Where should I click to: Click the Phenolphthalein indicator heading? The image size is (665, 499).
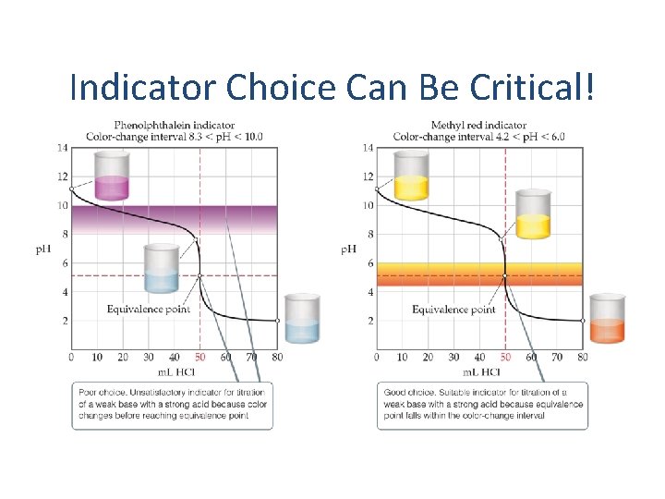pyautogui.click(x=174, y=125)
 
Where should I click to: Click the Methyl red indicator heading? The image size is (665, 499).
pyautogui.click(x=478, y=125)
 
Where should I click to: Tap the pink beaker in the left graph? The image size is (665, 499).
pyautogui.click(x=113, y=176)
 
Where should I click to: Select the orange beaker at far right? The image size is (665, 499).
pyautogui.click(x=607, y=319)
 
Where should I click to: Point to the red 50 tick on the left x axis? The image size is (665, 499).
pyautogui.click(x=200, y=357)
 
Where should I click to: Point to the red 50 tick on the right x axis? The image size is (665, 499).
pyautogui.click(x=505, y=357)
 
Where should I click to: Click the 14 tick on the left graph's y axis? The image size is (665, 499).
pyautogui.click(x=62, y=148)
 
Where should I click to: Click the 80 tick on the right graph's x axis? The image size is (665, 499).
pyautogui.click(x=582, y=357)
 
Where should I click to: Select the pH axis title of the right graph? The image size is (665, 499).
pyautogui.click(x=349, y=249)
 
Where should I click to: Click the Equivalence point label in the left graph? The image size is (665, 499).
pyautogui.click(x=149, y=309)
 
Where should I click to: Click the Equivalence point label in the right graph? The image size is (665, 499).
pyautogui.click(x=453, y=309)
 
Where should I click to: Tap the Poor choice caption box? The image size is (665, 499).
pyautogui.click(x=174, y=404)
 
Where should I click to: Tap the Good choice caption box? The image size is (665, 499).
pyautogui.click(x=478, y=404)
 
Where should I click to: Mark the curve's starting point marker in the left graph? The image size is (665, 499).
pyautogui.click(x=72, y=189)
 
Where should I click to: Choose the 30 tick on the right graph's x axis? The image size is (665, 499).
pyautogui.click(x=453, y=357)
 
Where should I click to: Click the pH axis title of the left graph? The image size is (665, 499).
pyautogui.click(x=43, y=249)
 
